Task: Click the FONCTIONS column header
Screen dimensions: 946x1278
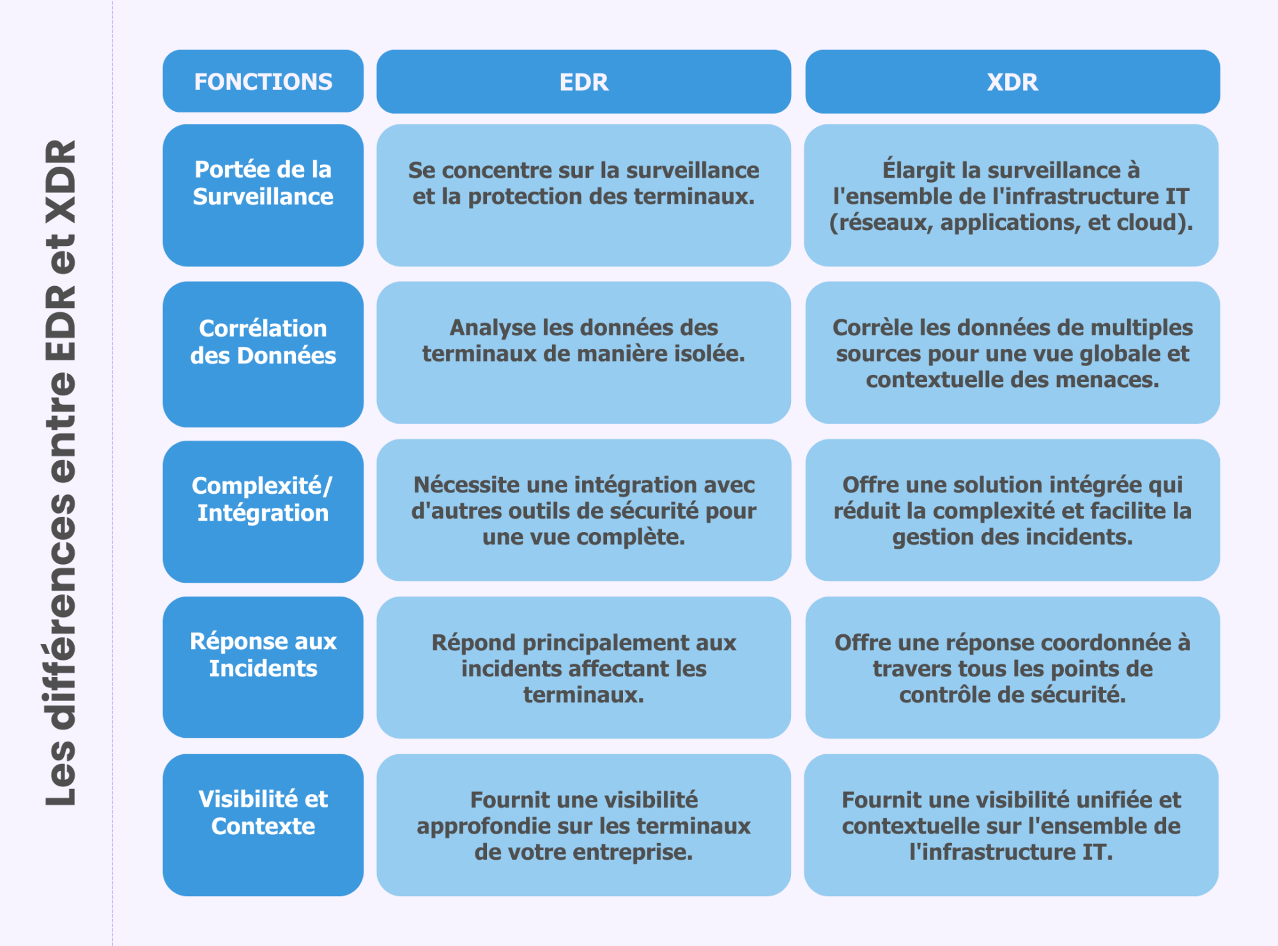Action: (x=263, y=82)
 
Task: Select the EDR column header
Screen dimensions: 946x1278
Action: (x=583, y=82)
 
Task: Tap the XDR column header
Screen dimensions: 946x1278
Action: (x=1012, y=82)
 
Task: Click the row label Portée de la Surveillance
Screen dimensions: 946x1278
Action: (x=263, y=195)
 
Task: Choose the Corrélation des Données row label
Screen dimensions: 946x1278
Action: (x=263, y=353)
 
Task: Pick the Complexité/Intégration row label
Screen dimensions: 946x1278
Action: (x=263, y=511)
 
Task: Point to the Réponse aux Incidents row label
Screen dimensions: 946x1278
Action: (x=263, y=667)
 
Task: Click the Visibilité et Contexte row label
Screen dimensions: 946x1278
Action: (x=263, y=825)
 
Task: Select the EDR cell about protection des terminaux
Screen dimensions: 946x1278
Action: (x=583, y=195)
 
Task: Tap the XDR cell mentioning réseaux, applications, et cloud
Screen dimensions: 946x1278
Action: (x=1011, y=195)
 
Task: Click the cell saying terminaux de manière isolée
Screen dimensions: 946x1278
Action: (x=583, y=352)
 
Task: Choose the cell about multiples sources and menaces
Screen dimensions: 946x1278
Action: (x=1012, y=352)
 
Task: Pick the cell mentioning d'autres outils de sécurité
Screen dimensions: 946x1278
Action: (x=583, y=510)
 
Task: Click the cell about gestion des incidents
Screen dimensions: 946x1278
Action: (x=1012, y=510)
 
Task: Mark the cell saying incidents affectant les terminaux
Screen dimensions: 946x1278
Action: (x=583, y=668)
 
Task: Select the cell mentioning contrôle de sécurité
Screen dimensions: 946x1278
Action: (x=1012, y=668)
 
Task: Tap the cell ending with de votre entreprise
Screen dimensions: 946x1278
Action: (x=583, y=825)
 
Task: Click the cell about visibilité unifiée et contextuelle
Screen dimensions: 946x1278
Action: (x=1011, y=825)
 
